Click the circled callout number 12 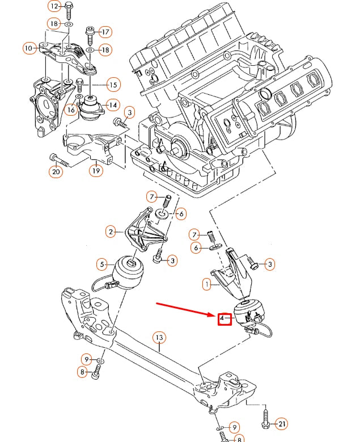(x=54, y=7)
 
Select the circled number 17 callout (x=105, y=31)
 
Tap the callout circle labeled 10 (x=29, y=49)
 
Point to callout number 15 (x=113, y=85)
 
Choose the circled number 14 (x=112, y=105)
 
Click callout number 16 (x=70, y=110)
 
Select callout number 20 (x=56, y=171)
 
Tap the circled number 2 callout (x=111, y=231)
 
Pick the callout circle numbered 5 (x=102, y=264)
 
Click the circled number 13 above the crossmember (x=159, y=338)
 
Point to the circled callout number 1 (x=208, y=283)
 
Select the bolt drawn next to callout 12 (x=68, y=9)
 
